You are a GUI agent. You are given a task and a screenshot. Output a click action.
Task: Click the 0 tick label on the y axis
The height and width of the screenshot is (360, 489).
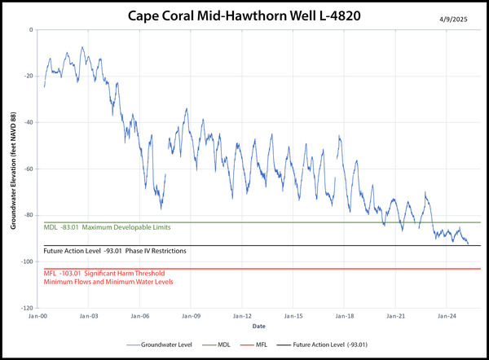tap(30, 29)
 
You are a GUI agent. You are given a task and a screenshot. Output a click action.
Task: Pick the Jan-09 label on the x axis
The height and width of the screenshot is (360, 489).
tap(192, 314)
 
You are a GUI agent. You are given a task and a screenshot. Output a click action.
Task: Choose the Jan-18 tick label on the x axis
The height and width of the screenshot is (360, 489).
tap(345, 314)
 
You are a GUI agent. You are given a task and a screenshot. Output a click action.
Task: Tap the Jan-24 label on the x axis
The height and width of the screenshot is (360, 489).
tap(447, 314)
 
